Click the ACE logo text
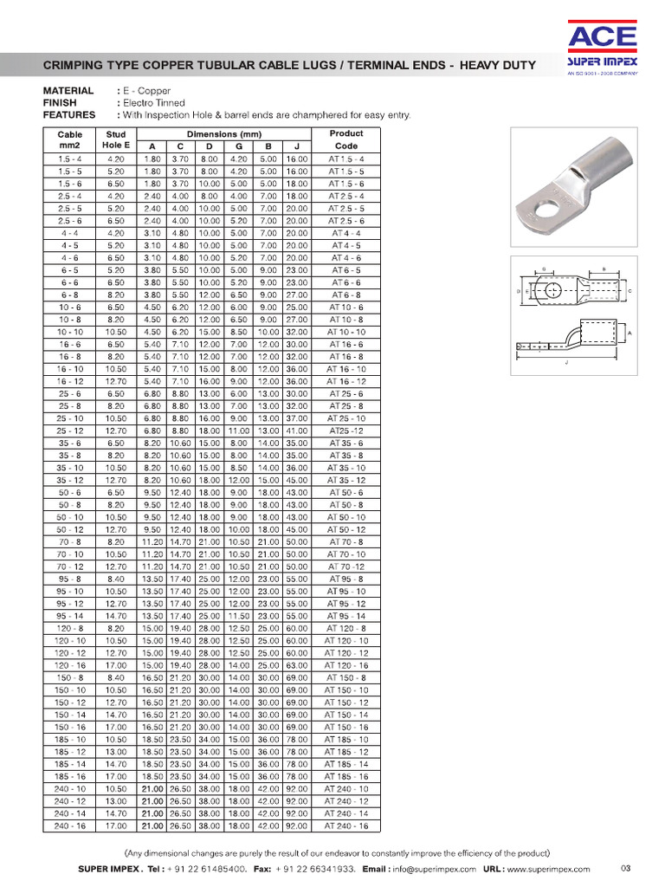[603, 36]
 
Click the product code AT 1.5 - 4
[346, 159]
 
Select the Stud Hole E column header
[115, 140]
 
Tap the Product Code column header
[346, 140]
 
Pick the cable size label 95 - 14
[70, 616]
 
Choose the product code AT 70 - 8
[346, 541]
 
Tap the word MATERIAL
[68, 91]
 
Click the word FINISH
[60, 103]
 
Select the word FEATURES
[69, 115]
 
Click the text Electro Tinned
[154, 103]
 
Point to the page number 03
[627, 868]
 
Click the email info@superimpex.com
[434, 868]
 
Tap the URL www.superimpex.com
[548, 868]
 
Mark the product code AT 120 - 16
[346, 665]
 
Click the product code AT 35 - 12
[346, 480]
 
